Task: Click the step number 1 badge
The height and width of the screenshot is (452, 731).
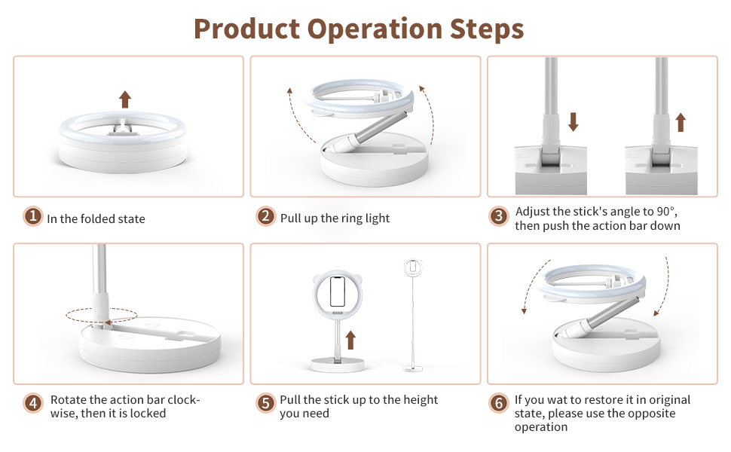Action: point(32,217)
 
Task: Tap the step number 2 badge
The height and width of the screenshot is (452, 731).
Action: point(265,217)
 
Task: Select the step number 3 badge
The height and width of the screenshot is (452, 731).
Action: point(498,217)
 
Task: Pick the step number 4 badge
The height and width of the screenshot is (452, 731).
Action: point(32,404)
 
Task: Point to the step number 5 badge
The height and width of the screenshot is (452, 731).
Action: point(265,404)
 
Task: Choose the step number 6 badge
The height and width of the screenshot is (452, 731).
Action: point(498,404)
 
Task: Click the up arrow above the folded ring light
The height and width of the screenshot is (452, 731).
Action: point(125,99)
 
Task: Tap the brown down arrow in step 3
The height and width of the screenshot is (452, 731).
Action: point(573,121)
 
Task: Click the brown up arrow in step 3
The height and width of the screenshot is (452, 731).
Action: point(681,121)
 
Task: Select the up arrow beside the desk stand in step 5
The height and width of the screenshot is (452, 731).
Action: point(350,339)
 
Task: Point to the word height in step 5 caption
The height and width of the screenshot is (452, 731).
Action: point(418,400)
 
